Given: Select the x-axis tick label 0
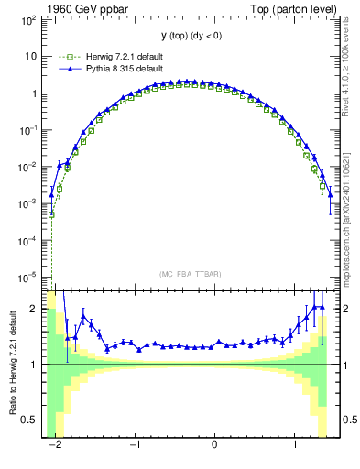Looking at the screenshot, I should [214, 444].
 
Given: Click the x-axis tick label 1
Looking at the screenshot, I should [294, 444].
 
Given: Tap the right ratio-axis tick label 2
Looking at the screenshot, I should [339, 309].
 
